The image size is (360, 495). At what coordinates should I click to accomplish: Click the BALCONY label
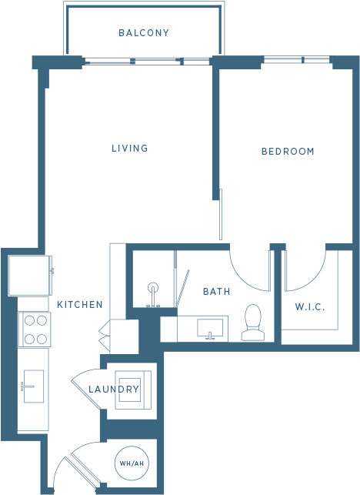(144, 33)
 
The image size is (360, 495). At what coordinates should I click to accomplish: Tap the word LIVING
(129, 148)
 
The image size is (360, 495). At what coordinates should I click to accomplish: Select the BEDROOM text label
(288, 152)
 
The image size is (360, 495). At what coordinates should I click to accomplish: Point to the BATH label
(216, 292)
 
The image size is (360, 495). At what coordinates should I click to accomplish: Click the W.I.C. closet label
(310, 307)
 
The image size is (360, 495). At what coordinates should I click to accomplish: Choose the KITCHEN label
(80, 305)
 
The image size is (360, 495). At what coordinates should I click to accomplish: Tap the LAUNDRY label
(114, 390)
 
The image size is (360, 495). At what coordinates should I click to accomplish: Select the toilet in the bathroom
(252, 322)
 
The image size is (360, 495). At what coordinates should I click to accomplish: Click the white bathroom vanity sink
(210, 328)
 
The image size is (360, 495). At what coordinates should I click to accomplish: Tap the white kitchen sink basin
(34, 386)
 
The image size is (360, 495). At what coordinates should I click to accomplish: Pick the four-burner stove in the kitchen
(35, 329)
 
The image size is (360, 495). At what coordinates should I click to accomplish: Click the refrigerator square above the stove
(30, 276)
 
